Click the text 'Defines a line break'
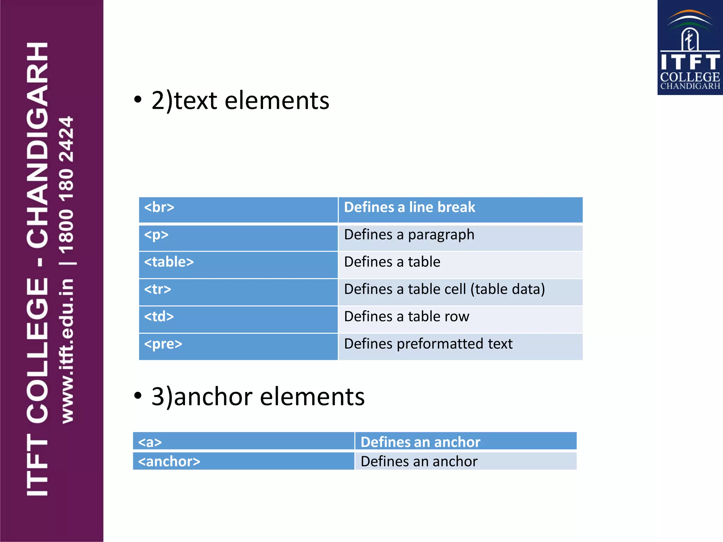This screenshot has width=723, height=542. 410,207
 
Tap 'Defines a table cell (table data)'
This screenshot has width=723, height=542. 444,289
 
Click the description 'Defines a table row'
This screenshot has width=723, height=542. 407,317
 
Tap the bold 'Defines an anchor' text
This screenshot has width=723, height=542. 420,442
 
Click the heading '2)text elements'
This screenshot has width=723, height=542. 240,101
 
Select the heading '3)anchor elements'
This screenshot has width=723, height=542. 258,397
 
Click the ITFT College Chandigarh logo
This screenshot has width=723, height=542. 690,48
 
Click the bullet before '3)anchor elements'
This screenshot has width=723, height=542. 138,396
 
